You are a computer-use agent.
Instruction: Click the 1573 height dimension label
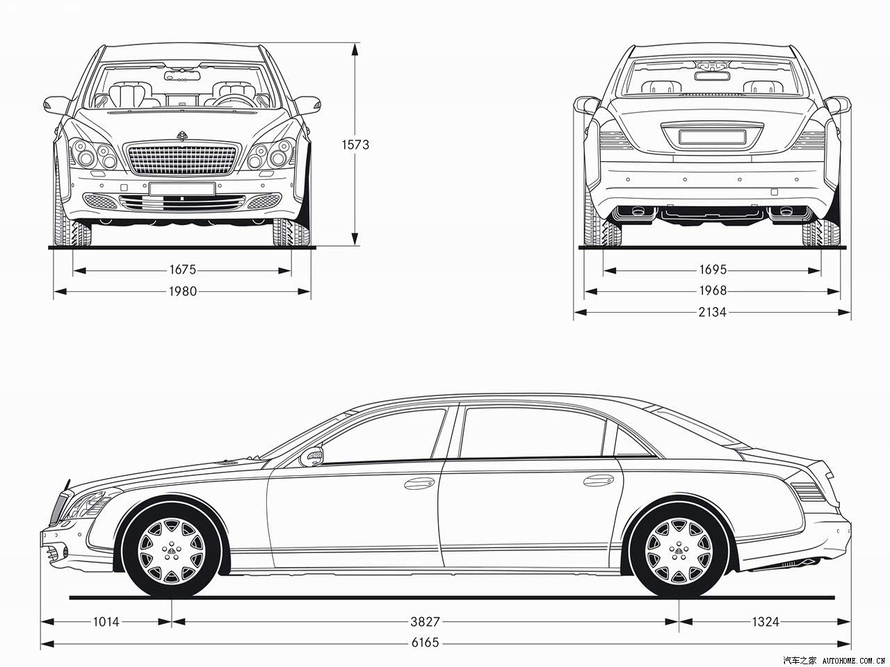point(355,145)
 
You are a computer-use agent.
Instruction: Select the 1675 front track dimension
point(182,270)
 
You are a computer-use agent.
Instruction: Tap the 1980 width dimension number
point(182,291)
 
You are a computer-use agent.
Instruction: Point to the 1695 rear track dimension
point(713,270)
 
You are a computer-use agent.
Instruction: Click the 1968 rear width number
point(713,290)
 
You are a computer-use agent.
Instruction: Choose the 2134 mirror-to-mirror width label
point(713,312)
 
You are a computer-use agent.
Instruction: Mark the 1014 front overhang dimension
point(106,622)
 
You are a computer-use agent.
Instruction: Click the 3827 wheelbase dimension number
point(425,622)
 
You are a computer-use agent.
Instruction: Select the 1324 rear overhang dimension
point(766,622)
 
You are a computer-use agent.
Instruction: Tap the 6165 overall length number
point(425,643)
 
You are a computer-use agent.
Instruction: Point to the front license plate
point(182,189)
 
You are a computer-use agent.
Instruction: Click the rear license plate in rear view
point(713,137)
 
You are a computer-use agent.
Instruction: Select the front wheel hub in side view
point(172,551)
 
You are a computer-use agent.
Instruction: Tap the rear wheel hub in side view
point(679,552)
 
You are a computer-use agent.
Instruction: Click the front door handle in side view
point(420,483)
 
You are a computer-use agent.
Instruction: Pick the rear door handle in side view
point(599,480)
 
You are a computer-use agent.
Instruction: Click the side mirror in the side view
point(311,456)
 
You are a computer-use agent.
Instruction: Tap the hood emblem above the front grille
point(182,135)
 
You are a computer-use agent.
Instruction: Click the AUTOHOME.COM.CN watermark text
point(854,661)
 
